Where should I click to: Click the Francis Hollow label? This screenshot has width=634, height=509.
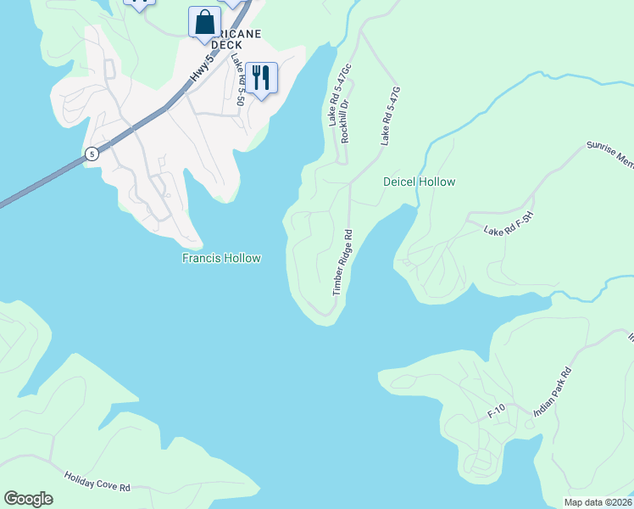click(222, 259)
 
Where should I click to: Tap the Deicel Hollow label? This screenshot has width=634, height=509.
click(419, 182)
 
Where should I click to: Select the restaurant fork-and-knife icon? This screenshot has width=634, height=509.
click(262, 78)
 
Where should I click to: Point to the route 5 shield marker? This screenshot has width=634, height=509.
click(91, 154)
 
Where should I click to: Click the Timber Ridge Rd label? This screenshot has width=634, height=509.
click(342, 261)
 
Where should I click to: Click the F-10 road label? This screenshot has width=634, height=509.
click(497, 411)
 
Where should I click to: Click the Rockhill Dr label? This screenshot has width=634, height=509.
click(345, 121)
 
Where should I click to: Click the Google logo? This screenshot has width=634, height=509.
click(28, 499)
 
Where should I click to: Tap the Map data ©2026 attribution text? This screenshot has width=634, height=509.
click(598, 501)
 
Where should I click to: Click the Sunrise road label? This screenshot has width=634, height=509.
click(609, 154)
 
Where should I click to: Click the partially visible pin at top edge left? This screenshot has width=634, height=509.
click(140, 3)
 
